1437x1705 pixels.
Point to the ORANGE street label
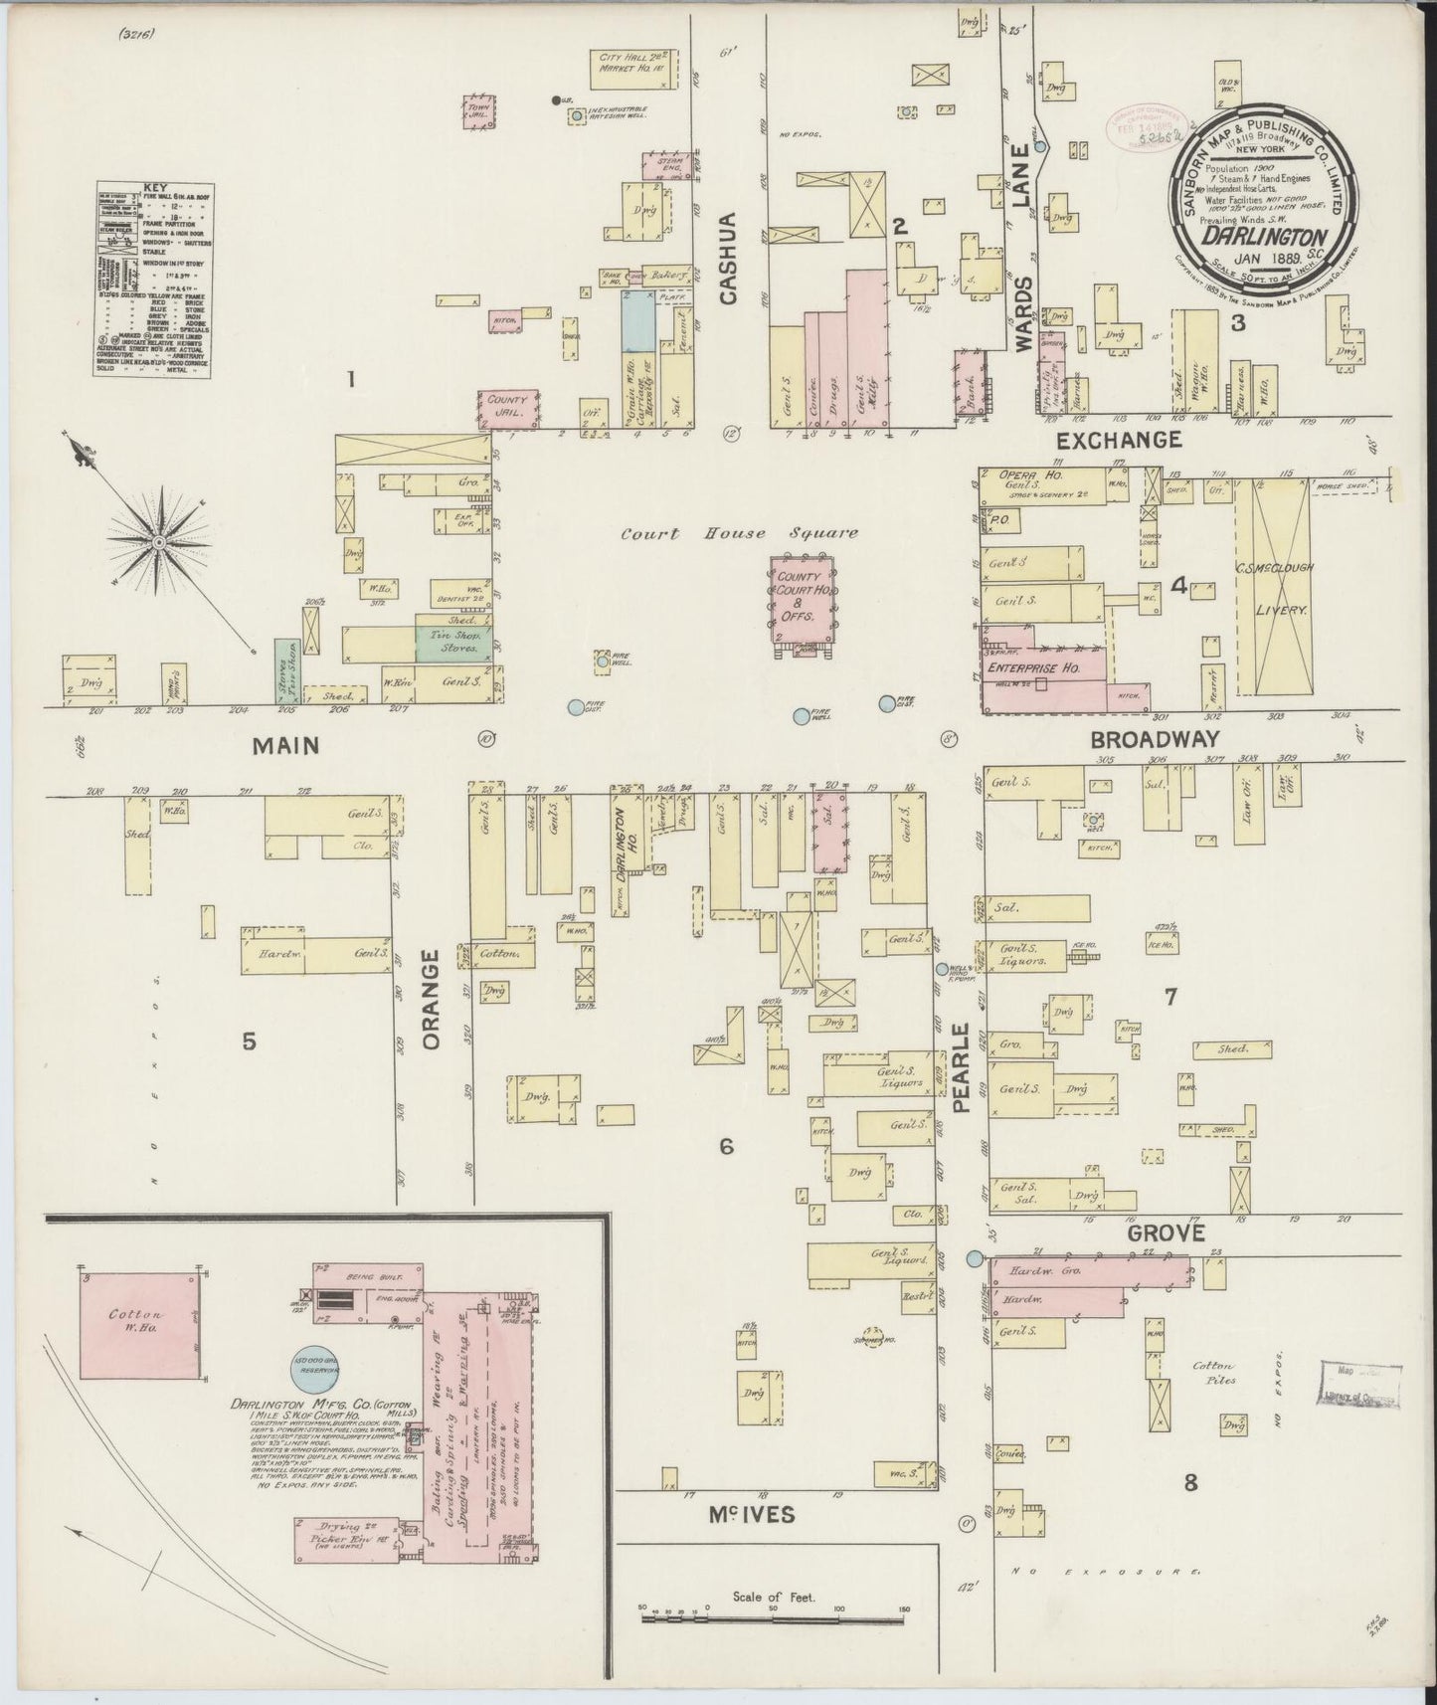pyautogui.click(x=431, y=999)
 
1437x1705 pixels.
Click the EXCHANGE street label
pyautogui.click(x=1119, y=439)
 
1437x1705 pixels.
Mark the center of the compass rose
pyautogui.click(x=158, y=541)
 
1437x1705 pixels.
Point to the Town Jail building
pyautogui.click(x=479, y=111)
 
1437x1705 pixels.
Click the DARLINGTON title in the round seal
pyautogui.click(x=1264, y=237)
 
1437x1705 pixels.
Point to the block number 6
pyautogui.click(x=727, y=1147)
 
